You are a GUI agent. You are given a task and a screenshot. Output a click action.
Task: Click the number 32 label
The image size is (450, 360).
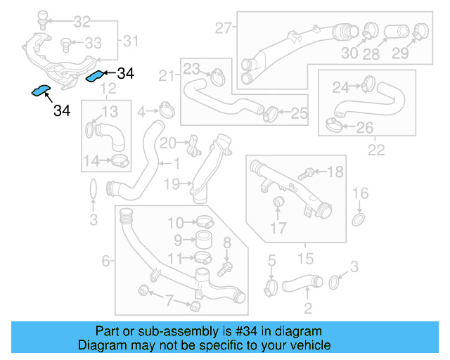(82, 22)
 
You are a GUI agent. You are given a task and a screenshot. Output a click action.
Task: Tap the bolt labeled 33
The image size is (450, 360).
(65, 43)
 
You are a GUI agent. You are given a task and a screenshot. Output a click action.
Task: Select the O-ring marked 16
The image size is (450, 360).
(359, 221)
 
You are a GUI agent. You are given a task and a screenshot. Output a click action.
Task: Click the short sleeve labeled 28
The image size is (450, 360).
(393, 32)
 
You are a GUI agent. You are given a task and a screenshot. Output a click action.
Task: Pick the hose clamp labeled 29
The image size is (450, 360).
(420, 31)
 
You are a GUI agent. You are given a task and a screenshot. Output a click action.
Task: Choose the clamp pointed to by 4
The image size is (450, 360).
(166, 110)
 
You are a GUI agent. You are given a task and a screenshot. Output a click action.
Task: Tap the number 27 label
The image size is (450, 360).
(223, 29)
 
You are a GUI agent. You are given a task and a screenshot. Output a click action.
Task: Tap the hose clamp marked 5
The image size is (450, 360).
(271, 287)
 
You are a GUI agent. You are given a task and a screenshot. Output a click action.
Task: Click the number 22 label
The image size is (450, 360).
(376, 149)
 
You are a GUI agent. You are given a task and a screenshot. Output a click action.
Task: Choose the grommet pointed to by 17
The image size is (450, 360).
(278, 204)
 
